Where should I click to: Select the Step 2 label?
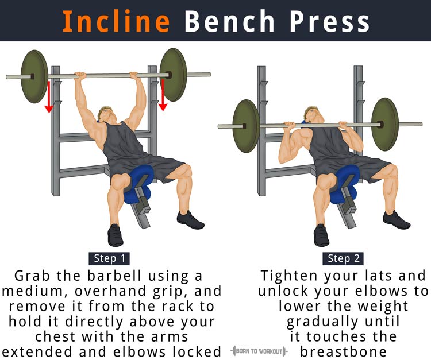pyautogui.click(x=343, y=258)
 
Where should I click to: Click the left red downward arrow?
pyautogui.click(x=49, y=96)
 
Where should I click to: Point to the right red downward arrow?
pyautogui.click(x=163, y=94)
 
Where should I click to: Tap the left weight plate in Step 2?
pyautogui.click(x=247, y=126)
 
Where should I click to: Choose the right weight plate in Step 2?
pyautogui.click(x=385, y=123)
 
